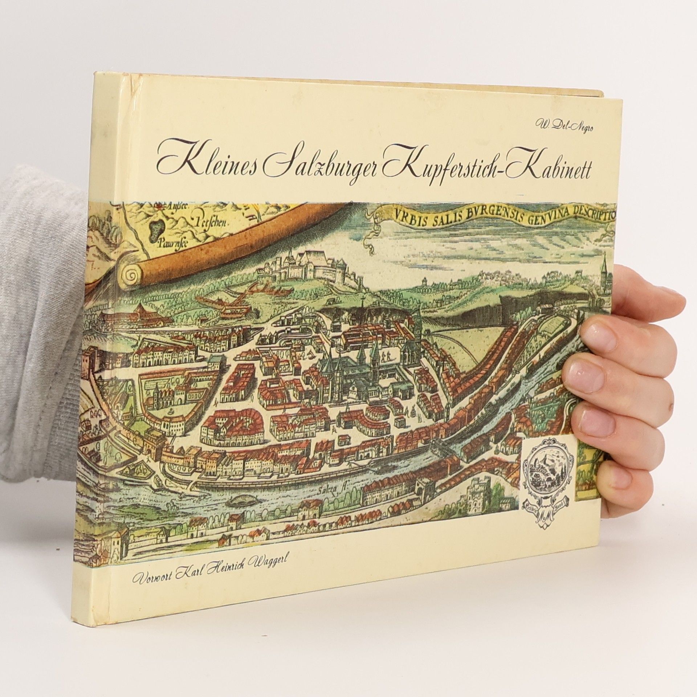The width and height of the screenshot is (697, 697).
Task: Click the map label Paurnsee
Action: tap(170, 244)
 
